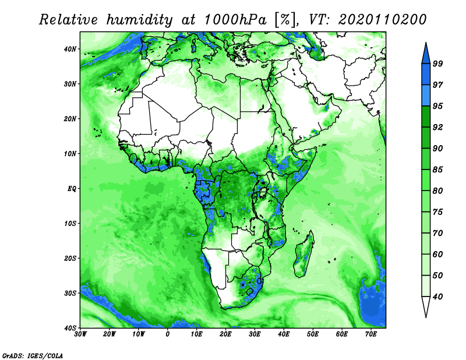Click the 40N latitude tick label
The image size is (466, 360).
pos(70,49)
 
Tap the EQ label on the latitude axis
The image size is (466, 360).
pos(72,189)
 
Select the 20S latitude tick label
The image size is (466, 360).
pos(70,258)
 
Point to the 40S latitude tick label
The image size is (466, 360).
pos(70,328)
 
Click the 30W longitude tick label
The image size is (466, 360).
pos(80,334)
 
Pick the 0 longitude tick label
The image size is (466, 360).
pos(168,334)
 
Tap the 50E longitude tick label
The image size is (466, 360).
pos(313,334)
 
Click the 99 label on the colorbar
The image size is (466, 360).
pos(438,63)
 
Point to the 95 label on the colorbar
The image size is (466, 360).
pos(438,106)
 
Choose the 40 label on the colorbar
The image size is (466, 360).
pos(438,297)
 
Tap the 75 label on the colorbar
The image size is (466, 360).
pos(438,211)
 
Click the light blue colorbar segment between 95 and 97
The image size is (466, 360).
pos(426,96)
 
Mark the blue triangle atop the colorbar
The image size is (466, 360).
pos(426,54)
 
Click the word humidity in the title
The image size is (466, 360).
pos(139,20)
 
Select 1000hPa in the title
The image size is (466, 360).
pos(235,20)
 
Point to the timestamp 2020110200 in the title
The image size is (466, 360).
pos(382,20)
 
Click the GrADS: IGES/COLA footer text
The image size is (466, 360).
pos(33,355)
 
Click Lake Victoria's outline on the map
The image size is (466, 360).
pos(263,192)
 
